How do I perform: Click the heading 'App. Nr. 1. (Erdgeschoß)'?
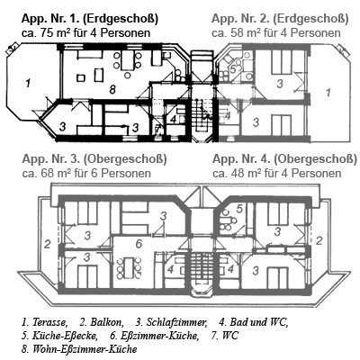coord(90,19)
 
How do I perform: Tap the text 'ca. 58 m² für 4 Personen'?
coord(276,32)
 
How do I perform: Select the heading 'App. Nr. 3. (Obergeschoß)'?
coord(94,159)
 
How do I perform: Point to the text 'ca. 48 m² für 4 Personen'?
coord(277,173)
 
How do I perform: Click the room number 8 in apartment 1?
coord(112,89)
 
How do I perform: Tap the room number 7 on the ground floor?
coord(157,130)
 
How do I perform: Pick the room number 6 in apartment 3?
coord(139,244)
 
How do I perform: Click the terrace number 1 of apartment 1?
coord(28,83)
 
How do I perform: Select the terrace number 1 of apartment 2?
coord(328,92)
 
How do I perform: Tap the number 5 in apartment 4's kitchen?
coord(239,208)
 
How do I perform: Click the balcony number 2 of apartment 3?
coord(47,244)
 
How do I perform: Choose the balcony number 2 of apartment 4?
coord(319,240)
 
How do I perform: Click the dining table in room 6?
coord(130,267)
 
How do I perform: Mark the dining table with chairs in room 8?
coord(127,60)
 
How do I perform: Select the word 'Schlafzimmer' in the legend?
coord(176,322)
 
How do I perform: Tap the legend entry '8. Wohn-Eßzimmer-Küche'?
coord(79,349)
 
